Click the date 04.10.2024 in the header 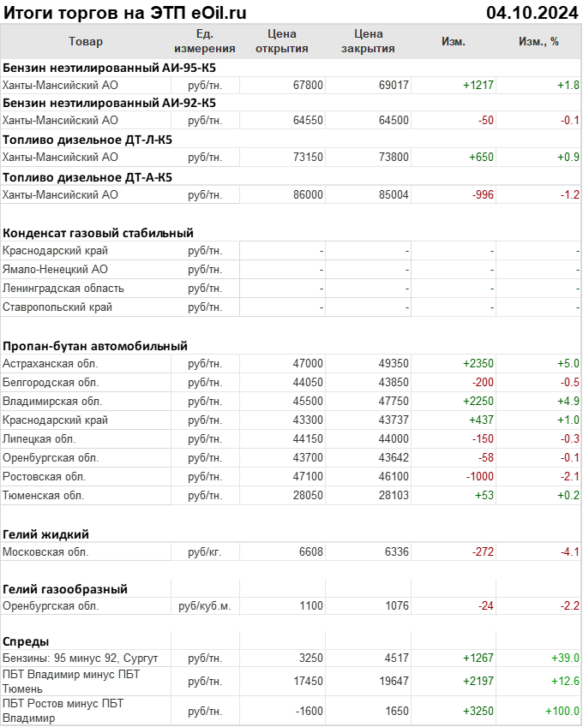tap(532, 12)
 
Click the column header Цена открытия tap(282, 41)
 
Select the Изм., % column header tap(538, 41)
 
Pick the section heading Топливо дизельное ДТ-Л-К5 tap(87, 140)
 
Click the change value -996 tap(484, 194)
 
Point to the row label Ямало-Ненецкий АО tap(55, 269)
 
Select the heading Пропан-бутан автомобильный tap(95, 346)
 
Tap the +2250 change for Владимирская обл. tap(478, 401)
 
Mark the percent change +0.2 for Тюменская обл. tap(568, 495)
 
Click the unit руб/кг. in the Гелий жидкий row tap(204, 551)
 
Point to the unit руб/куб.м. tap(204, 606)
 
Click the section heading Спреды tap(26, 641)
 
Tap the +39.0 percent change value tap(565, 658)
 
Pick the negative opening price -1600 tap(306, 712)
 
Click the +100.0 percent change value tap(562, 712)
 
